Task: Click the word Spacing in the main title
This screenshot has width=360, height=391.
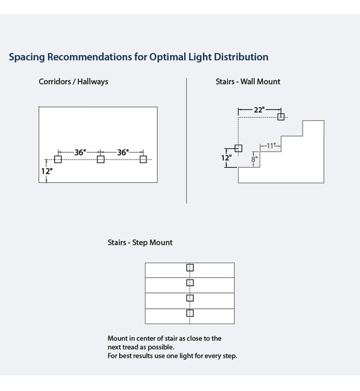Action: (27, 57)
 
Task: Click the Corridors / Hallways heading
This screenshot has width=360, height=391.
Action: (73, 82)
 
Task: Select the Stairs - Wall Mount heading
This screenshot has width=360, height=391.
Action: (248, 82)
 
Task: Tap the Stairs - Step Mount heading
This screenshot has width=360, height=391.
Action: (140, 242)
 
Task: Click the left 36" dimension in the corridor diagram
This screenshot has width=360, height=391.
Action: (80, 152)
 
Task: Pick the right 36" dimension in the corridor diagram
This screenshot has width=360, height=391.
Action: (123, 152)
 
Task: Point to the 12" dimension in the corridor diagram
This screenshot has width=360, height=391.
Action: (47, 171)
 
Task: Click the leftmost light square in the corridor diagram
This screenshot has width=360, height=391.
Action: (58, 159)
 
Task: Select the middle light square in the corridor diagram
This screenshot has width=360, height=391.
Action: (101, 159)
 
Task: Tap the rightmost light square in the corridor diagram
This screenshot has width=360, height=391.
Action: (143, 159)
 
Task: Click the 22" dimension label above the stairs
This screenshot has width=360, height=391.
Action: (259, 110)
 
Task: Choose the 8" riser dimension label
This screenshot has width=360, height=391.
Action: (254, 159)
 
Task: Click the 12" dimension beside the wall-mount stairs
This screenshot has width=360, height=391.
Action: (226, 158)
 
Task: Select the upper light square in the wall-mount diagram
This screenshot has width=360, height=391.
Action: (281, 117)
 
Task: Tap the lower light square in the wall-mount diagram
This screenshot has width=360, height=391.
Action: (239, 148)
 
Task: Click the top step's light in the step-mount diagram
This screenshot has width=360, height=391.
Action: (190, 268)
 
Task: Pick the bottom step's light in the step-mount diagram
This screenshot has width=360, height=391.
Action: (190, 313)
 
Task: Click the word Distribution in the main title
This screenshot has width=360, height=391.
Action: (241, 57)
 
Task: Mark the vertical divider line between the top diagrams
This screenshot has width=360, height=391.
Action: (187, 141)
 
